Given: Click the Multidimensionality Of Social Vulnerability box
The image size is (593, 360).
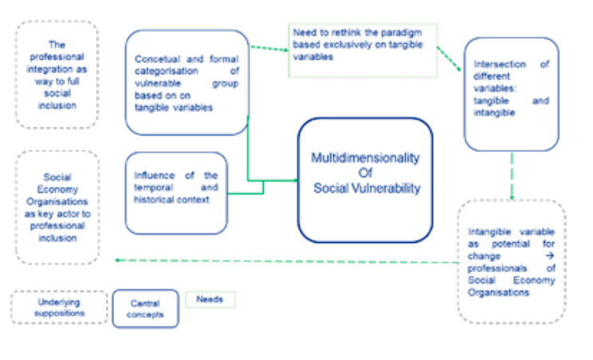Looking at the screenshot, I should coord(366,179).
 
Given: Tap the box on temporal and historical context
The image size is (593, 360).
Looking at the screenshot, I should coord(176,192).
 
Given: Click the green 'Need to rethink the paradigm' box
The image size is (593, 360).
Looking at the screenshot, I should coord(362,49).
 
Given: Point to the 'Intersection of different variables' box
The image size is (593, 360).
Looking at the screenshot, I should coord(511,94).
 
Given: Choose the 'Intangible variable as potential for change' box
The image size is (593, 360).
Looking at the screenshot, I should coord(511,261).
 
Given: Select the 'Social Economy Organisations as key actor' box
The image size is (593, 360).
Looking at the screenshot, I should coord(57,206).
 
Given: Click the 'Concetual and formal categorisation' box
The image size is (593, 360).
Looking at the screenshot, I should coord(187,82).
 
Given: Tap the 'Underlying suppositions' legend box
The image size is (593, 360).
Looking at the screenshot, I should coord(59,307).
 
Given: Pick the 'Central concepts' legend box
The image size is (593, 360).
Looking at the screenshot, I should coord(145,308).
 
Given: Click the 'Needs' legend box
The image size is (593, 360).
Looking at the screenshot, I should coord(210,299).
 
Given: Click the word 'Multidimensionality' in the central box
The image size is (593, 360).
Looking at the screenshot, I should coord(365,158).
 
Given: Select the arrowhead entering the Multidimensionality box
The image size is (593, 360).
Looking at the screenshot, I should coord(294,181).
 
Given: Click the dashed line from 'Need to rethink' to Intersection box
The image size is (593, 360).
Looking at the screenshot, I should coord(450,57).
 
